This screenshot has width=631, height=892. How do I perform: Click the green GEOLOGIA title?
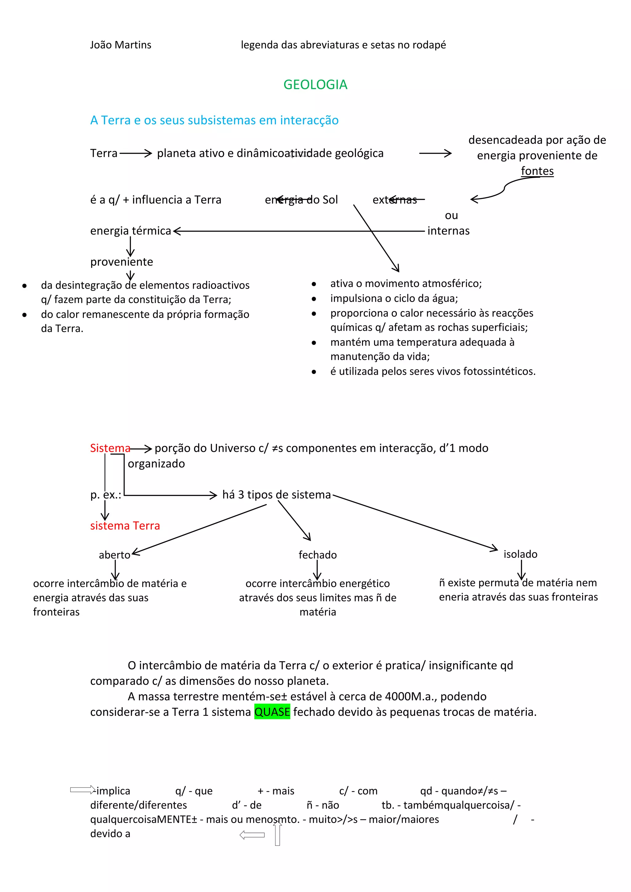click(315, 85)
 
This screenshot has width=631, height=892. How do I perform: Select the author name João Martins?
click(120, 45)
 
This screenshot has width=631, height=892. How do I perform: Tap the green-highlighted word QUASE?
click(272, 712)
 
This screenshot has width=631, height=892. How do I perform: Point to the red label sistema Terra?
click(125, 526)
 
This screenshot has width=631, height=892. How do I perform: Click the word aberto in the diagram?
click(114, 555)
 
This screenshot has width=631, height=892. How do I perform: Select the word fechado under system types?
click(317, 555)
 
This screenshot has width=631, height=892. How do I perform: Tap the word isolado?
click(520, 554)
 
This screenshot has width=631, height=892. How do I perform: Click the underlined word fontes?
click(537, 171)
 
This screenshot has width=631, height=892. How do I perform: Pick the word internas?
click(448, 231)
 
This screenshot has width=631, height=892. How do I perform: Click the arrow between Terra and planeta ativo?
click(136, 153)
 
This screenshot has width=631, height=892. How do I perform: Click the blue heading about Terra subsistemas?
click(214, 120)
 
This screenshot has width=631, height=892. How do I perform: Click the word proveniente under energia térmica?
click(122, 262)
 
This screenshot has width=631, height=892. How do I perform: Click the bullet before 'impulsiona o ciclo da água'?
click(314, 299)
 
